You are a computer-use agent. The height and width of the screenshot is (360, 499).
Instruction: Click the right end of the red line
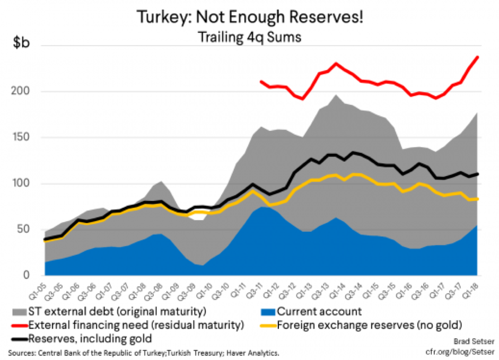coord(478,57)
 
